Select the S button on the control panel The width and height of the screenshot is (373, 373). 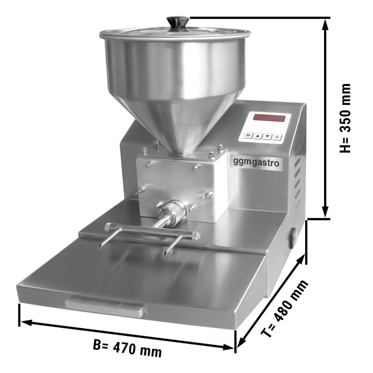tap(277, 137)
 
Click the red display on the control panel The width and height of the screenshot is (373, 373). tap(269, 118)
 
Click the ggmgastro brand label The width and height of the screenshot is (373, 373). tap(256, 163)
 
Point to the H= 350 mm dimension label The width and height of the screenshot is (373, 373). tap(345, 118)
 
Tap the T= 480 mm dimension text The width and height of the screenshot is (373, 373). tap(285, 308)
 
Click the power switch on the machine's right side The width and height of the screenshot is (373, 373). tap(293, 238)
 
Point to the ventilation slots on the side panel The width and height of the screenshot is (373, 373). tap(298, 175)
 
